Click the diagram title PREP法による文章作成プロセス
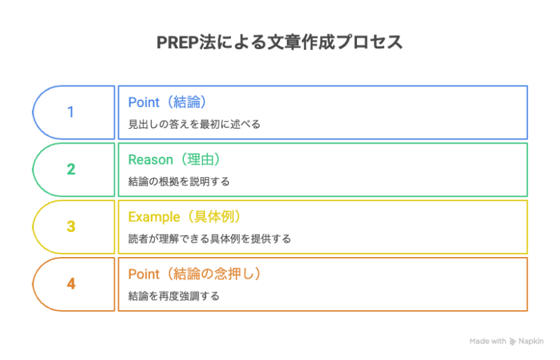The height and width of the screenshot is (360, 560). click(x=280, y=42)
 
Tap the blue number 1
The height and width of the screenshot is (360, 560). click(x=70, y=112)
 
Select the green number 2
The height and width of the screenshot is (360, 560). click(x=70, y=169)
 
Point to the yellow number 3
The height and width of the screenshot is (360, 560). click(x=70, y=227)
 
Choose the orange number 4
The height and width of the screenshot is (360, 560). click(x=70, y=284)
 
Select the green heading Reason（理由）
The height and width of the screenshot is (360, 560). click(x=179, y=160)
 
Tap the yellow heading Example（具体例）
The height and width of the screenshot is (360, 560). click(x=189, y=217)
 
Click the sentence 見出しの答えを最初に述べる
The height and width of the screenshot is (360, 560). click(x=194, y=124)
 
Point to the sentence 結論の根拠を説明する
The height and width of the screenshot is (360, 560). click(x=178, y=181)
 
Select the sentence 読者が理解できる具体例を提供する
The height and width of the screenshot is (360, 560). click(x=209, y=239)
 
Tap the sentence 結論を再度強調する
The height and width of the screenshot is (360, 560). click(x=174, y=296)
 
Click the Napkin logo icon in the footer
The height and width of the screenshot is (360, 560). click(x=513, y=342)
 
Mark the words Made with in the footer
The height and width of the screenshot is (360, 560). click(x=488, y=342)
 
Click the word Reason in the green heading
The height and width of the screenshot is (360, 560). click(x=149, y=160)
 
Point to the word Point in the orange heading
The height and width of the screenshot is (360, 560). click(x=142, y=275)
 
